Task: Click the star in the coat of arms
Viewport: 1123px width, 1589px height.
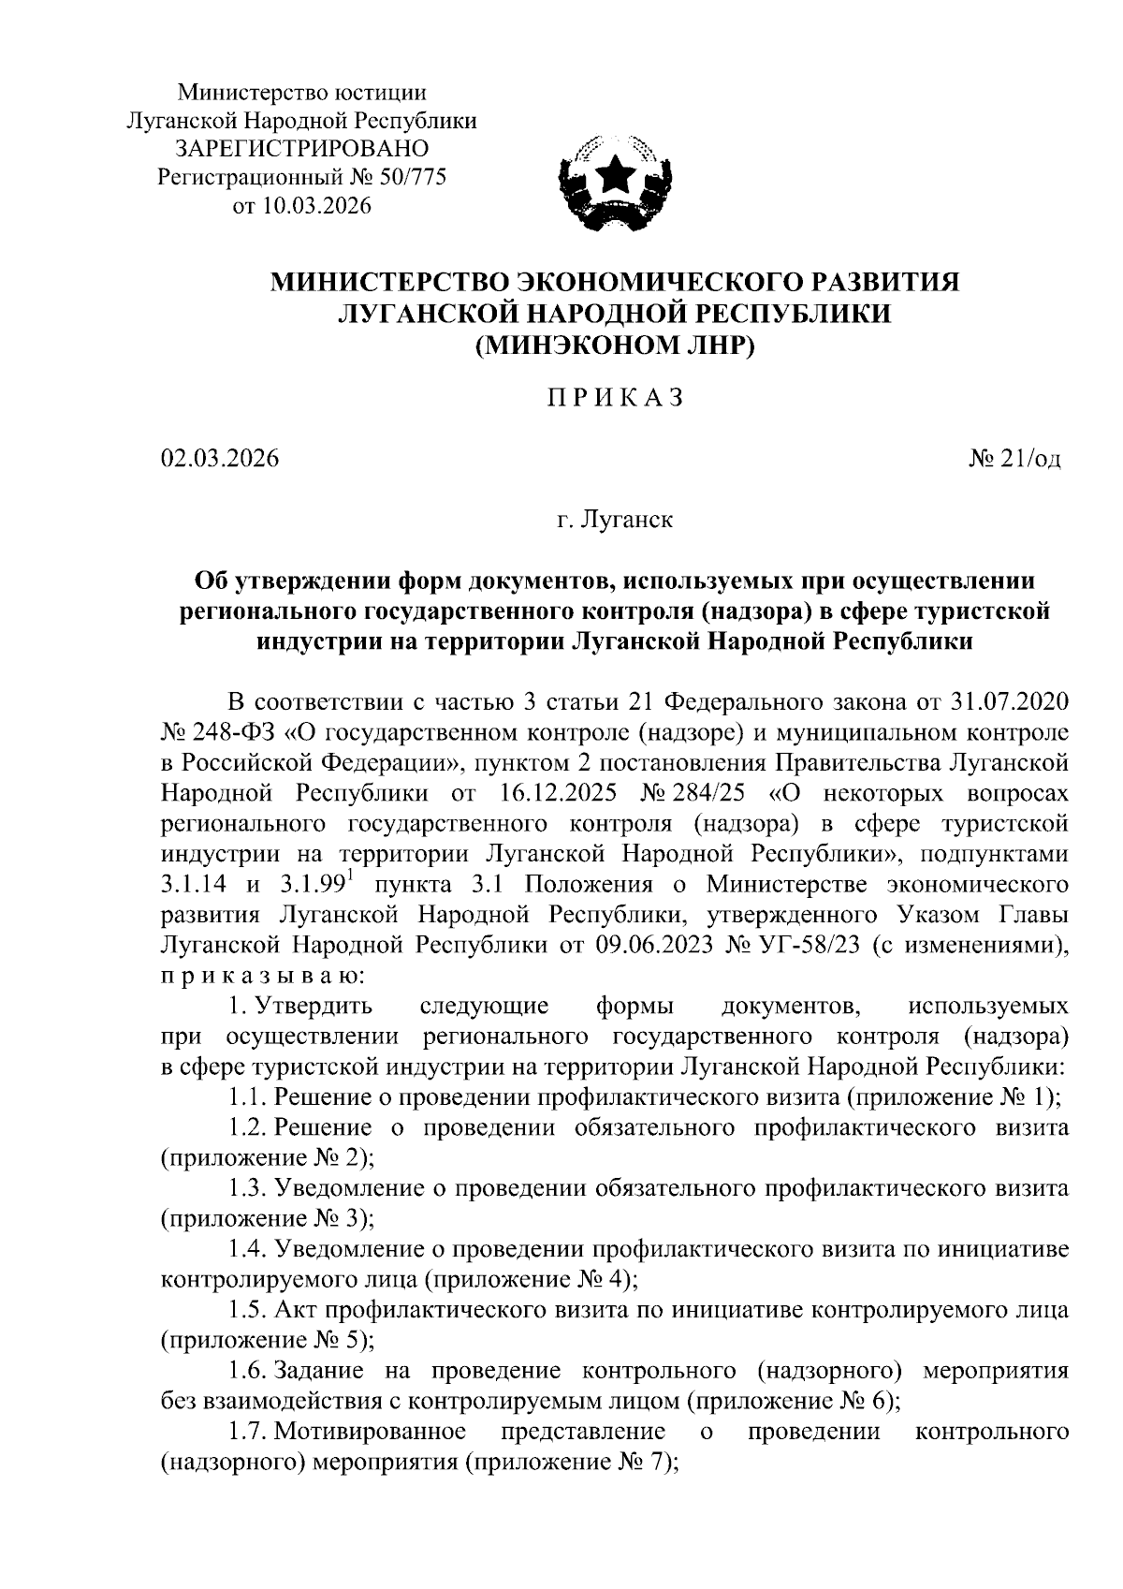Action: (x=615, y=174)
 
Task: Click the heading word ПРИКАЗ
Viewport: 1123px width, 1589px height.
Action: (x=615, y=398)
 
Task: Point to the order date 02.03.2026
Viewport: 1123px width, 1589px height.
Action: (x=219, y=459)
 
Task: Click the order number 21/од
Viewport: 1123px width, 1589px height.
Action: (x=1028, y=459)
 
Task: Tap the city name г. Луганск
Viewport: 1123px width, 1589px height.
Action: (x=615, y=519)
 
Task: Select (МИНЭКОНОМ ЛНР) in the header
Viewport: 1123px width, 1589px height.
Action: (x=615, y=346)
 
